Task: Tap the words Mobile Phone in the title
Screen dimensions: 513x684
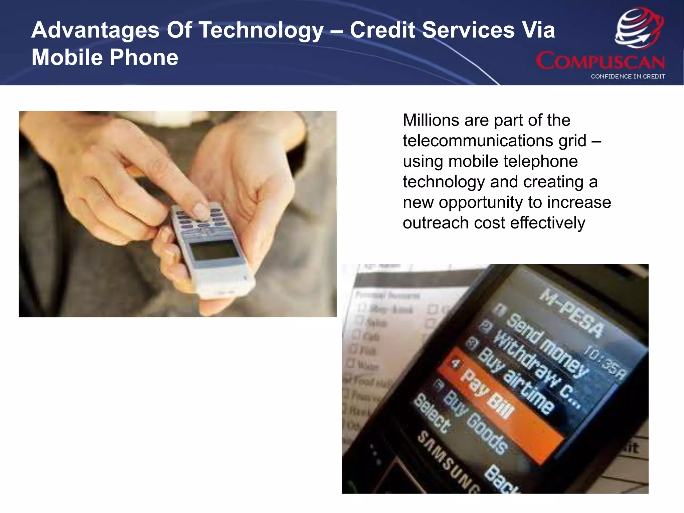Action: pos(105,57)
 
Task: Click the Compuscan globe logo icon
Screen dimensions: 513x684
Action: pos(639,28)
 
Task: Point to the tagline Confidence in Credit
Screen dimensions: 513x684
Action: pos(628,76)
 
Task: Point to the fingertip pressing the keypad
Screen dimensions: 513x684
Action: pos(201,211)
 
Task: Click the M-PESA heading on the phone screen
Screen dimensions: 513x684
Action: pos(572,313)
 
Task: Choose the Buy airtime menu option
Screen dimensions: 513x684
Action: pos(516,381)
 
